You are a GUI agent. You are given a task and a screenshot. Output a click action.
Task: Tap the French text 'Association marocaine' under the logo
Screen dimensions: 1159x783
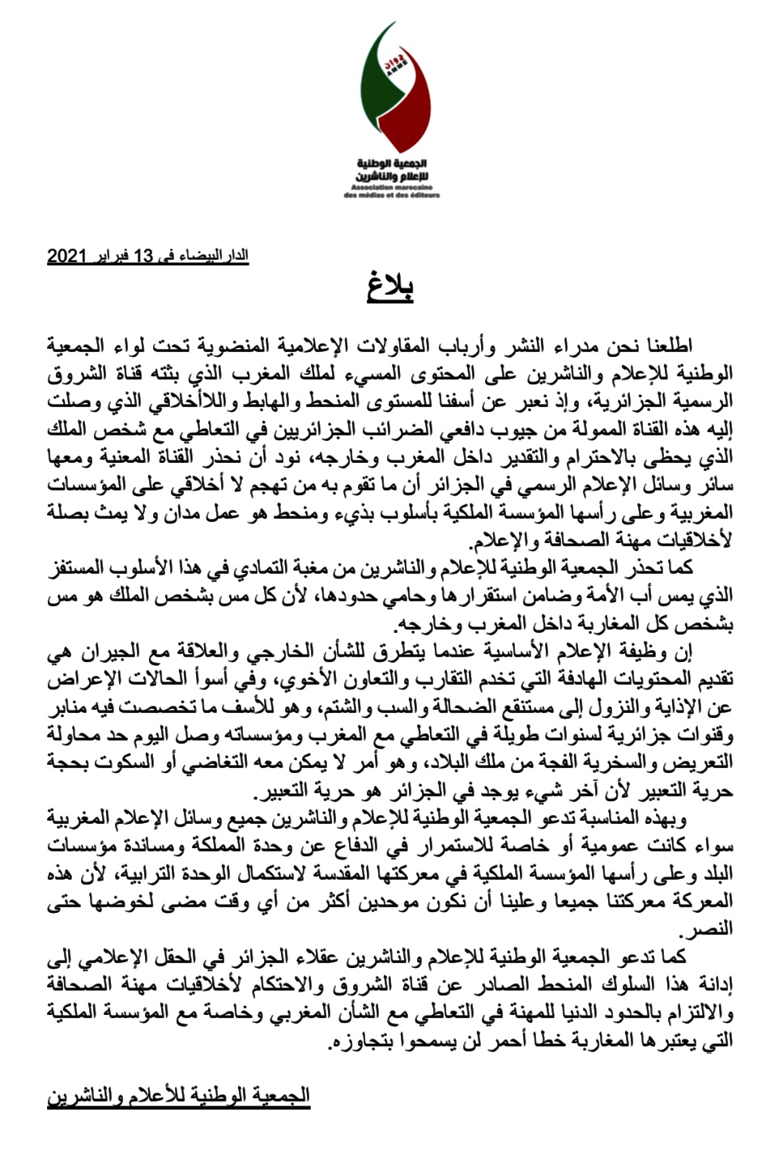(392, 185)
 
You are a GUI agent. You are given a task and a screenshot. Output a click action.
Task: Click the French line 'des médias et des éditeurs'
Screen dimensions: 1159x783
(392, 195)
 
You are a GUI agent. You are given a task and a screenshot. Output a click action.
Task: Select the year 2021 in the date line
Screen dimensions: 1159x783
(66, 257)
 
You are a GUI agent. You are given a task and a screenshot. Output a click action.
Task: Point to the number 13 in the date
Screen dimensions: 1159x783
(143, 257)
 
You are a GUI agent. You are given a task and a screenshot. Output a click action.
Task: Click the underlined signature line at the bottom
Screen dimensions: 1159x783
(179, 1096)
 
